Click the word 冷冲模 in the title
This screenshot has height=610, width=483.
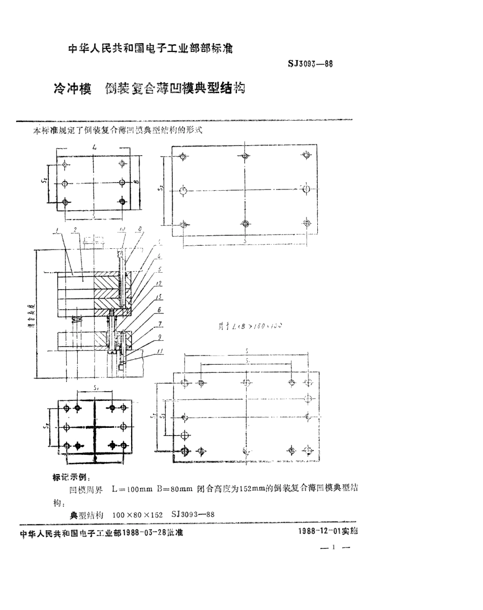click(72, 89)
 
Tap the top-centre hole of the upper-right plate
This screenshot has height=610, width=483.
click(245, 155)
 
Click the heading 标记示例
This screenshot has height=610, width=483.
click(71, 478)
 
